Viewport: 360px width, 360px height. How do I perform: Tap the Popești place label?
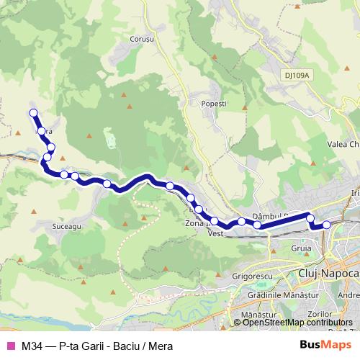click(x=215, y=104)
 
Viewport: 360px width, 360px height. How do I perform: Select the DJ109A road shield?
click(x=296, y=74)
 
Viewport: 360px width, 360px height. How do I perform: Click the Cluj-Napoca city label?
click(x=328, y=274)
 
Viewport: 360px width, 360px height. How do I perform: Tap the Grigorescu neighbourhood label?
click(x=253, y=274)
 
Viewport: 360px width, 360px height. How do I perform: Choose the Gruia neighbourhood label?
click(x=303, y=248)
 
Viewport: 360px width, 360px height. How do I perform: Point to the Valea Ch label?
click(x=343, y=144)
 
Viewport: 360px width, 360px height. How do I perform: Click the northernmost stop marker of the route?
click(x=33, y=112)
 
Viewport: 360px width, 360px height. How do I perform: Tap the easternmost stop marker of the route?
click(x=326, y=225)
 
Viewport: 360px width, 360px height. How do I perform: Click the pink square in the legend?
click(x=10, y=346)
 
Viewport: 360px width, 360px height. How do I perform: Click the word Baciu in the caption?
click(x=124, y=346)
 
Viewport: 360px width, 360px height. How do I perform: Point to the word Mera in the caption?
click(x=159, y=346)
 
